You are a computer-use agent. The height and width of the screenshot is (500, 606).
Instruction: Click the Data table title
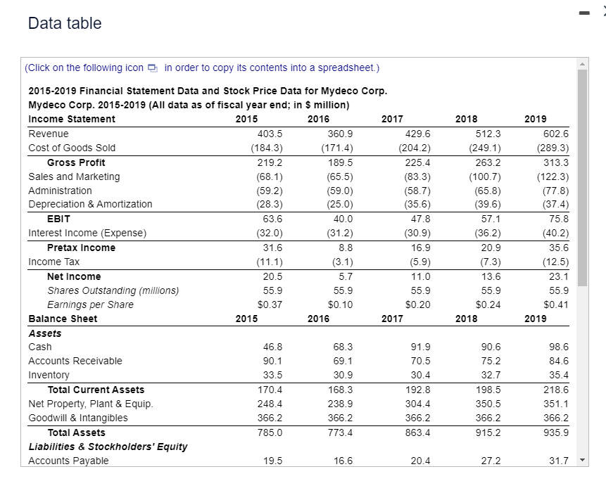click(x=65, y=23)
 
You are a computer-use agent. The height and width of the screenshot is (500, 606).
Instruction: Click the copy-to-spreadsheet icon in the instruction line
click(x=153, y=68)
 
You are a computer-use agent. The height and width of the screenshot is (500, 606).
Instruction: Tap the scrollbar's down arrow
click(x=583, y=461)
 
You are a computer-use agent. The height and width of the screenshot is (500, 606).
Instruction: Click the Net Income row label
click(x=74, y=276)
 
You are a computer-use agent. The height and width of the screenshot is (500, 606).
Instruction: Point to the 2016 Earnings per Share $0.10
click(x=341, y=305)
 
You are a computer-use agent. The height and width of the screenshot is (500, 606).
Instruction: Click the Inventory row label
click(x=49, y=375)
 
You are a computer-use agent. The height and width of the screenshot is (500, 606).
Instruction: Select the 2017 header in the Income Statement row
click(x=392, y=119)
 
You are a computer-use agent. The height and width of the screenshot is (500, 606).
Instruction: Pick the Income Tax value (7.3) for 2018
click(x=488, y=262)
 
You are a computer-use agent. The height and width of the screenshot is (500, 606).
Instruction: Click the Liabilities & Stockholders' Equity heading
click(x=108, y=447)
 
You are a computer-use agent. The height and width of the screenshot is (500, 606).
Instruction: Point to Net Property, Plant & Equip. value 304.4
click(x=419, y=404)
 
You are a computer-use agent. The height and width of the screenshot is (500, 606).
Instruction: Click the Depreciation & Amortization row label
click(x=90, y=204)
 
